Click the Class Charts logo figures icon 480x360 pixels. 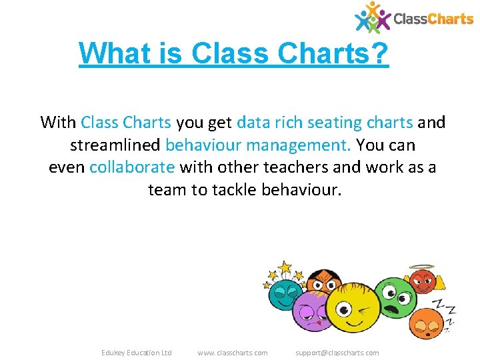(373, 17)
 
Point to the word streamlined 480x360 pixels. (115, 145)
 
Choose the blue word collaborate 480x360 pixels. (132, 167)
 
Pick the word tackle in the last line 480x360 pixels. (235, 190)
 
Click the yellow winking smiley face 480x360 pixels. (347, 310)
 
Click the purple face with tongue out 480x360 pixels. (309, 312)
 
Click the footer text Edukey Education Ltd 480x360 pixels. (136, 353)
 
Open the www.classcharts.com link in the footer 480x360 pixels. (233, 353)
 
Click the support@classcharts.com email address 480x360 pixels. (337, 353)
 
